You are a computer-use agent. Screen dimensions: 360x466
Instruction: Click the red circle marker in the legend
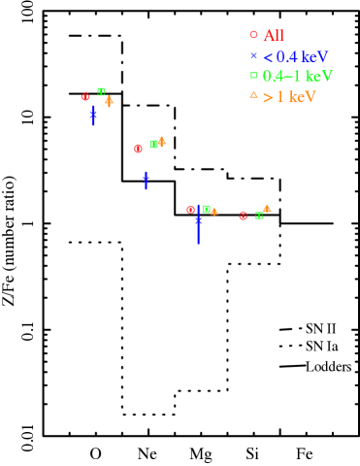[253, 35]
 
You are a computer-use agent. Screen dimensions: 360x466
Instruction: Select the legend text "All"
[274, 36]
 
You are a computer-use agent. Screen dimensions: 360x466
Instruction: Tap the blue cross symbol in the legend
[253, 56]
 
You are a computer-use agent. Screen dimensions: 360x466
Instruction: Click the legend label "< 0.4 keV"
[296, 57]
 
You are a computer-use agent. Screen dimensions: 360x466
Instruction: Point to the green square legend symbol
[253, 76]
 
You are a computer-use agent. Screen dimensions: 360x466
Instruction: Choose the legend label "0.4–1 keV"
[297, 77]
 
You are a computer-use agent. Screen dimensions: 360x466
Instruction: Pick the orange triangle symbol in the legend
[253, 95]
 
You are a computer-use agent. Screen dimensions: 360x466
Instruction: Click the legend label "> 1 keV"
[289, 97]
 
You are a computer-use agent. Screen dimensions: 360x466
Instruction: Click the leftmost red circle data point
[85, 97]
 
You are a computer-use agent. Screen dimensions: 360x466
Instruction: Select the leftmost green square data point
[101, 91]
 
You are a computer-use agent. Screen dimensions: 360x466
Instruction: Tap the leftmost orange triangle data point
[109, 99]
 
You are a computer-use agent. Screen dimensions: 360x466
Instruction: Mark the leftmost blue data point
[93, 115]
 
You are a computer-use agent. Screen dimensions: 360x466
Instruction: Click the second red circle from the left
[138, 149]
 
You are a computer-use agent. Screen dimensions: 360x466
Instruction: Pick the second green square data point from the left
[153, 145]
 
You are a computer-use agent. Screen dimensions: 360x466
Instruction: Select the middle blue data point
[146, 180]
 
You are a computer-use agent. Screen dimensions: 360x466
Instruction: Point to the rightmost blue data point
[198, 221]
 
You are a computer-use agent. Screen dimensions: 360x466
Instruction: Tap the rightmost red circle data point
[243, 216]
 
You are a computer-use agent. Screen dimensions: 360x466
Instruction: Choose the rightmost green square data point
[259, 216]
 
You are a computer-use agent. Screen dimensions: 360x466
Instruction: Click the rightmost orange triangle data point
[267, 208]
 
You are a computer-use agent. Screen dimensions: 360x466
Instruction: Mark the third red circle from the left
[190, 210]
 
